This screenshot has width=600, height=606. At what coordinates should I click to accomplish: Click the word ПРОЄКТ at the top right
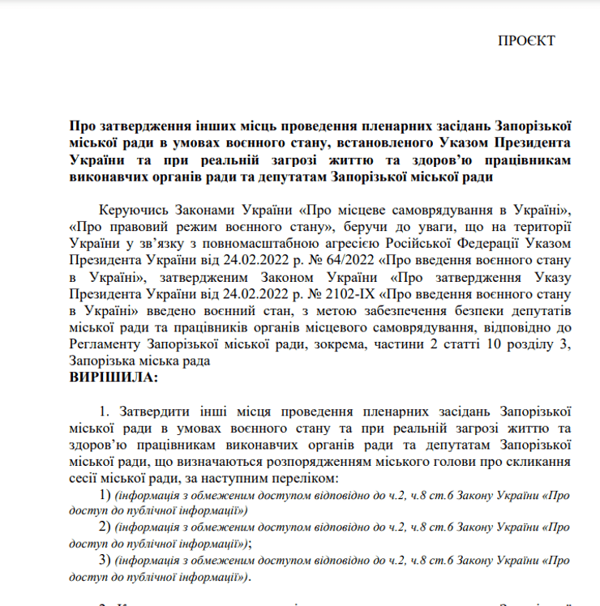526,41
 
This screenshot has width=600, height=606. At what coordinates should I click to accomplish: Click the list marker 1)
104,494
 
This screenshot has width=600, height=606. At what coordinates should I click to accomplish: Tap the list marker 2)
104,527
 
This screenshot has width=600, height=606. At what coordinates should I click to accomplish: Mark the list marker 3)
104,561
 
